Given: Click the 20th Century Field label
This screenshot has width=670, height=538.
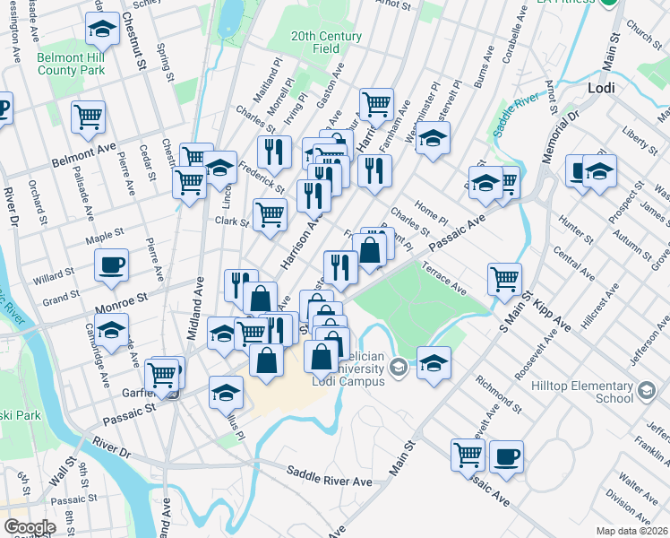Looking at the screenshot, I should click(x=326, y=42).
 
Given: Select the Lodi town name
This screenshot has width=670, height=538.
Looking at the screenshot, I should click(x=599, y=89).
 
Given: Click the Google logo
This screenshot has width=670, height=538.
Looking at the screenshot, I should click(x=30, y=526).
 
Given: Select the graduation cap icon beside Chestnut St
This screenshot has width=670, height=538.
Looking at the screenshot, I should click(x=102, y=30).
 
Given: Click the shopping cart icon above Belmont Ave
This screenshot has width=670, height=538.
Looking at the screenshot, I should click(x=89, y=116).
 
